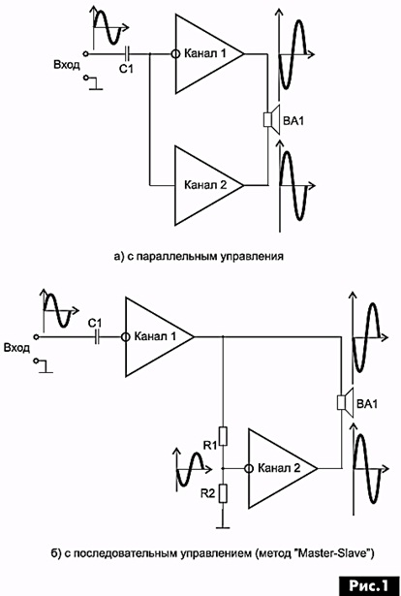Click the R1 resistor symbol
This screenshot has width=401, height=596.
[223, 436]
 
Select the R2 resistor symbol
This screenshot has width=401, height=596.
[223, 493]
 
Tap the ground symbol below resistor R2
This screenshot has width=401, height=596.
[223, 527]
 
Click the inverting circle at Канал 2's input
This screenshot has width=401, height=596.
[249, 468]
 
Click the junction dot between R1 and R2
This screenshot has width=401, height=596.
[223, 468]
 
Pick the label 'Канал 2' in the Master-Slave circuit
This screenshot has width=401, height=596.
[279, 468]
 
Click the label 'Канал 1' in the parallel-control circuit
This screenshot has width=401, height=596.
[204, 53]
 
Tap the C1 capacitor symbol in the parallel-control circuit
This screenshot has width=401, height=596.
[128, 54]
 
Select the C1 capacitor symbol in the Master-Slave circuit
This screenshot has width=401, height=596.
[97, 337]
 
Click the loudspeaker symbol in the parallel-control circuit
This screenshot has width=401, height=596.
[272, 119]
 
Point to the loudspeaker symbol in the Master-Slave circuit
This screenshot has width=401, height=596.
[346, 402]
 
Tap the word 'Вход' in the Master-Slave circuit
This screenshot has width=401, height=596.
[16, 348]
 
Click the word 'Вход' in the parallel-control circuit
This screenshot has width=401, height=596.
[67, 65]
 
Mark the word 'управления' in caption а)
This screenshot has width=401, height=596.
[250, 256]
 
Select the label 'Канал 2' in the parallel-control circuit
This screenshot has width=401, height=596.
[205, 185]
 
